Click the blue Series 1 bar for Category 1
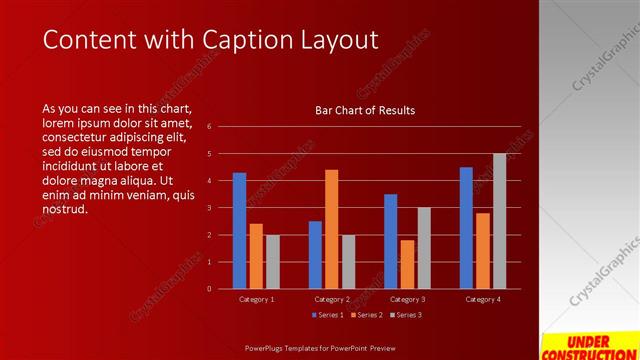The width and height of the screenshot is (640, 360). coord(239,231)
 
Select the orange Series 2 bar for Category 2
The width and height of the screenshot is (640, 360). coord(331,229)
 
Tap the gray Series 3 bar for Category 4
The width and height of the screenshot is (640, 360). coord(499,221)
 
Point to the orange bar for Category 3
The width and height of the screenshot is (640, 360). coord(407,264)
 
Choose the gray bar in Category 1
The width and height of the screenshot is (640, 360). coord(273,262)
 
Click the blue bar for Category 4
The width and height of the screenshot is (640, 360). coord(466,228)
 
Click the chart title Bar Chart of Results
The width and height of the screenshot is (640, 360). coord(358,110)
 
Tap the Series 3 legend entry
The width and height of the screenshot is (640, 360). coord(405,315)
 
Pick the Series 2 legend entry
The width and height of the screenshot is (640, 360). coord(365,315)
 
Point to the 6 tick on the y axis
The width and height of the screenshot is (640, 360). coord(210,127)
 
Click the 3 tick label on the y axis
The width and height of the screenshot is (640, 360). coord(210,208)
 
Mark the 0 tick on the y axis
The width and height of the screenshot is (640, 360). coord(210,289)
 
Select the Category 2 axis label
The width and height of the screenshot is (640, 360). coord(332,299)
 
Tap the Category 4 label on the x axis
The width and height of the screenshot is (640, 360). coord(482,299)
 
